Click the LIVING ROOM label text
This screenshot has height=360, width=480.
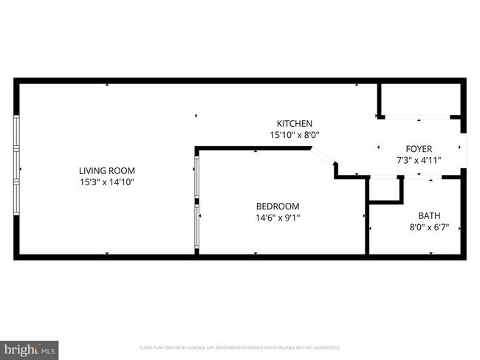click(x=107, y=170)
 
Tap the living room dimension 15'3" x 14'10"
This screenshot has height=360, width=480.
click(x=107, y=181)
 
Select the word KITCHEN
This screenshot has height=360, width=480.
click(x=295, y=123)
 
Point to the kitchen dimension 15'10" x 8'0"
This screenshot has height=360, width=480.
click(x=295, y=134)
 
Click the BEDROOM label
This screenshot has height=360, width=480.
click(x=278, y=206)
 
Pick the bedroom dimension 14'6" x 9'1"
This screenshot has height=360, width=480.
click(x=278, y=218)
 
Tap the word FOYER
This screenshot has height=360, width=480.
click(x=419, y=148)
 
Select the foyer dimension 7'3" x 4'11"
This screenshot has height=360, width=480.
click(x=419, y=160)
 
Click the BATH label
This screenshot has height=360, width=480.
click(x=429, y=215)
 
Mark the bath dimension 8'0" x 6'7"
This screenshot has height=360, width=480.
click(x=429, y=227)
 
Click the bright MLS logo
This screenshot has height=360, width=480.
click(x=30, y=349)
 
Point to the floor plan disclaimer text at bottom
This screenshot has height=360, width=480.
click(x=240, y=347)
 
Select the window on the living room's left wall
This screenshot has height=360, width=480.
click(x=16, y=169)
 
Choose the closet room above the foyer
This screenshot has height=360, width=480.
click(x=421, y=99)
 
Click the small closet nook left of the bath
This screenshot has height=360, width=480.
click(x=385, y=189)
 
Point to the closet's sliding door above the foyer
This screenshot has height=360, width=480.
click(x=418, y=117)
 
